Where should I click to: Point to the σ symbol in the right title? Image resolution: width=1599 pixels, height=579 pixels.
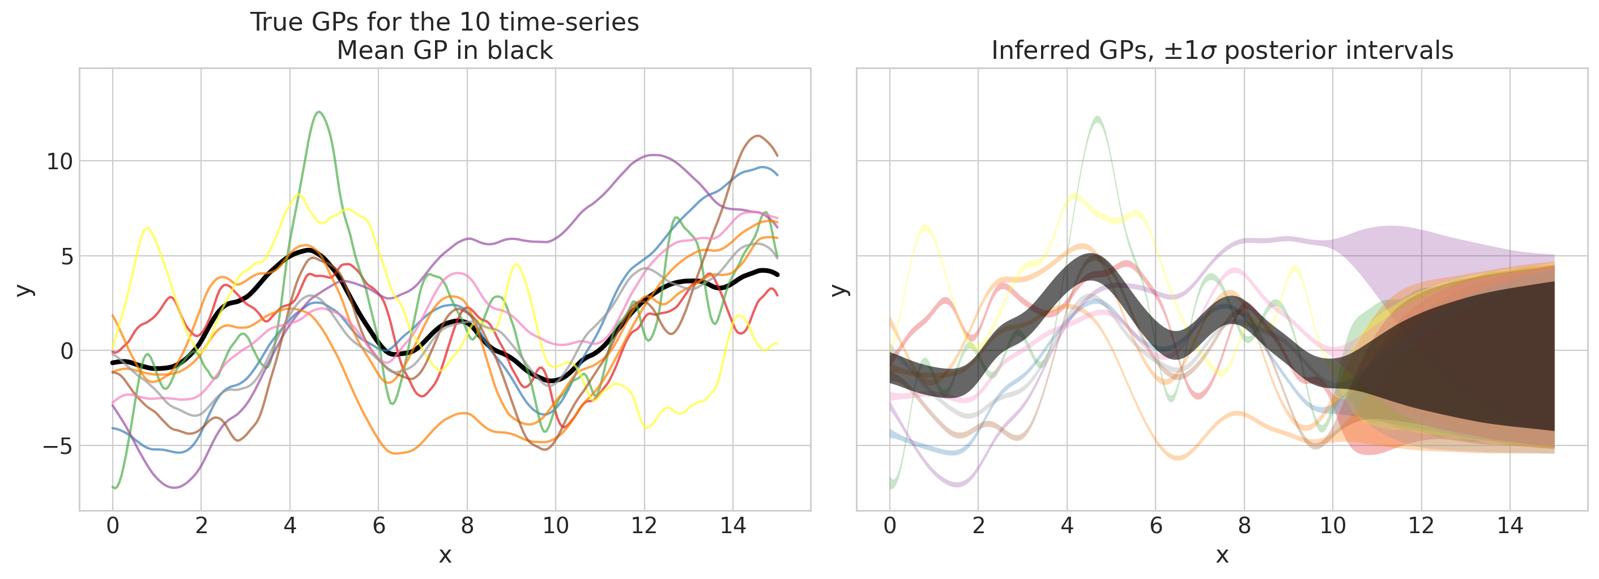coord(1208,51)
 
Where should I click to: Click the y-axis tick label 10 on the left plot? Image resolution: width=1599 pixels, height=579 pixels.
coord(59,161)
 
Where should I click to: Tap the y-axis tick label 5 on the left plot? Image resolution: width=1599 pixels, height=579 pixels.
coord(67,256)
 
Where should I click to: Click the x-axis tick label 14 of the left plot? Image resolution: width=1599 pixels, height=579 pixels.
coord(732,526)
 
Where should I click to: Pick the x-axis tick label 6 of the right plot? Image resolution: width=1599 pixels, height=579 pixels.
coord(1156,526)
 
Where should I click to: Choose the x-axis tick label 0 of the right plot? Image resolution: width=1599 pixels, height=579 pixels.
coord(889,526)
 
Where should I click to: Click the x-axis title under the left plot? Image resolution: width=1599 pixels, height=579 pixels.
coord(445,555)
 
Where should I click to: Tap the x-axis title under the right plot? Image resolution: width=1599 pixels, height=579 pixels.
coord(1222,555)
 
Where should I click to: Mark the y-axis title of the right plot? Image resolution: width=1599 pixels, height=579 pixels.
coord(839,290)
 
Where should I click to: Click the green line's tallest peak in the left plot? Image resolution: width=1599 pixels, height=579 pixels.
coord(319,112)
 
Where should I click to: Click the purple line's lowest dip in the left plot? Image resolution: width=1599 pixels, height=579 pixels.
coord(174,487)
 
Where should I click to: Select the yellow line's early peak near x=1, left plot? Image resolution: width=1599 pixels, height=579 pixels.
coord(148,228)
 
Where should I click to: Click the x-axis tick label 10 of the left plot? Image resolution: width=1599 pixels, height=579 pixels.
coord(556,526)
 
